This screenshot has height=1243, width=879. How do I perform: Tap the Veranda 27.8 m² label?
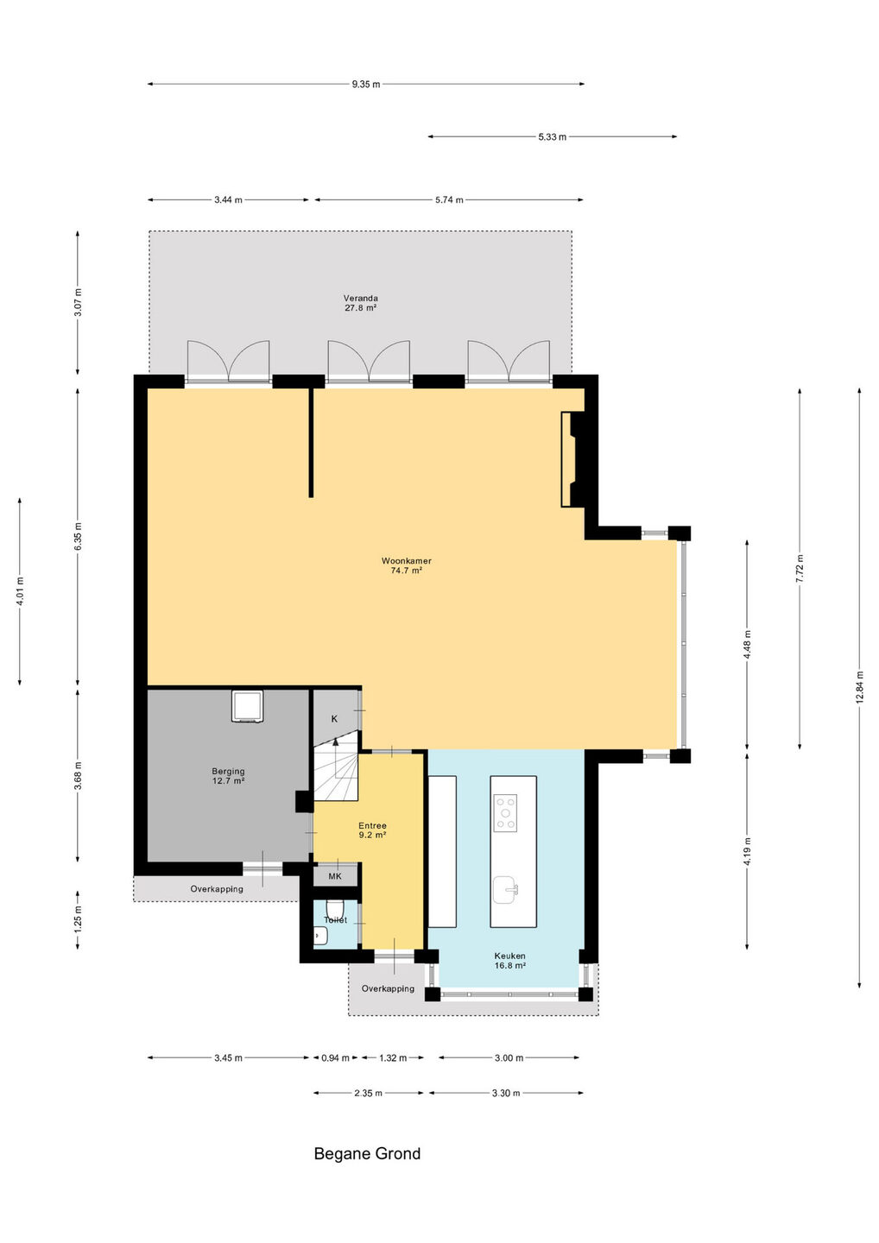[361, 302]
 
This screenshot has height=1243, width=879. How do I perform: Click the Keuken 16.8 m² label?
[510, 961]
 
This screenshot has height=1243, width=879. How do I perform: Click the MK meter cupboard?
[335, 876]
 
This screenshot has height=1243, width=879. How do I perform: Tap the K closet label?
[335, 718]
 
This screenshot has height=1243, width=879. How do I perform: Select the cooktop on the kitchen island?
[505, 813]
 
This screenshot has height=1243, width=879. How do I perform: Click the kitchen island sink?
[505, 889]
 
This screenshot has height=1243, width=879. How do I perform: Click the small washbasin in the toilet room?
[320, 936]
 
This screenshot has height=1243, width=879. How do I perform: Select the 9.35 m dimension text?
[366, 85]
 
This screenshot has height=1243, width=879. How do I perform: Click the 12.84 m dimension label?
[860, 687]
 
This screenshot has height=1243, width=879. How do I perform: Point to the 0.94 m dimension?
[335, 1057]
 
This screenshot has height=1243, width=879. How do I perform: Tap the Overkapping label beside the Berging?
[217, 889]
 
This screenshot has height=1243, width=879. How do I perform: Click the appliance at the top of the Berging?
[247, 706]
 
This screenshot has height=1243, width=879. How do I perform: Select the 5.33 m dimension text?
[552, 137]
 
